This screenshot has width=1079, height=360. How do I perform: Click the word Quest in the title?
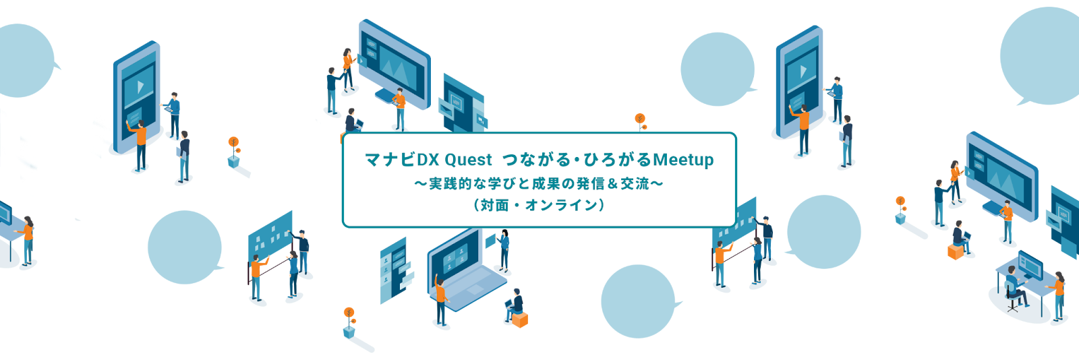[469, 160]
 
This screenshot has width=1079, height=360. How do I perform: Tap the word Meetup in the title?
[683, 160]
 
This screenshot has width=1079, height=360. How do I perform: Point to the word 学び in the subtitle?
[496, 183]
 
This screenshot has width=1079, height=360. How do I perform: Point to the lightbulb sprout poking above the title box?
[640, 121]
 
